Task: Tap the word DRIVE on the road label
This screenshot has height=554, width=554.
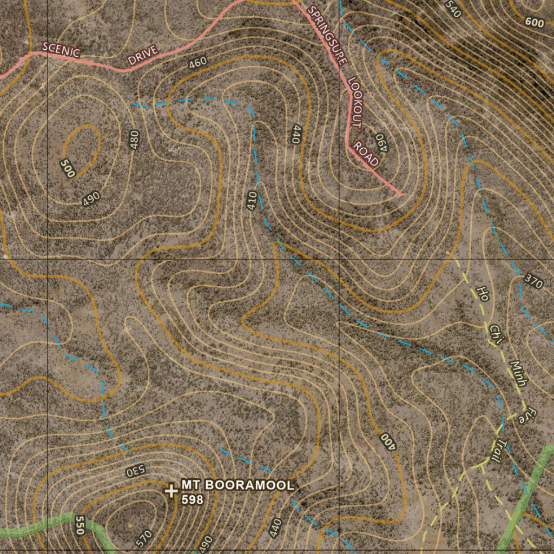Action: tap(143, 56)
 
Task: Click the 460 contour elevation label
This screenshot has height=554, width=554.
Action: tap(197, 63)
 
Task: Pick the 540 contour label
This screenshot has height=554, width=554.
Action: tap(453, 9)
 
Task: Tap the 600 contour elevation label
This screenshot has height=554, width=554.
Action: tap(534, 22)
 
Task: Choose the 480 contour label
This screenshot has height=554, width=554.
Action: tap(134, 140)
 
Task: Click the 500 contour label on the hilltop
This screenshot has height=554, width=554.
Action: tap(68, 168)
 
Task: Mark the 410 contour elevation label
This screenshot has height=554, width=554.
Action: tap(251, 201)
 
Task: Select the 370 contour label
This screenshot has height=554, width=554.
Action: tap(533, 281)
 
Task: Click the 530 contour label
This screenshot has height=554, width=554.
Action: tap(135, 470)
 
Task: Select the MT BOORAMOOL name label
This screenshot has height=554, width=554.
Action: tap(238, 485)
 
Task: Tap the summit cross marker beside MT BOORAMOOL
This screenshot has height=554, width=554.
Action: tap(171, 491)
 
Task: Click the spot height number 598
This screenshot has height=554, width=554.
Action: tap(193, 499)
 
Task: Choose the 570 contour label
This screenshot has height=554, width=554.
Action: tap(143, 539)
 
